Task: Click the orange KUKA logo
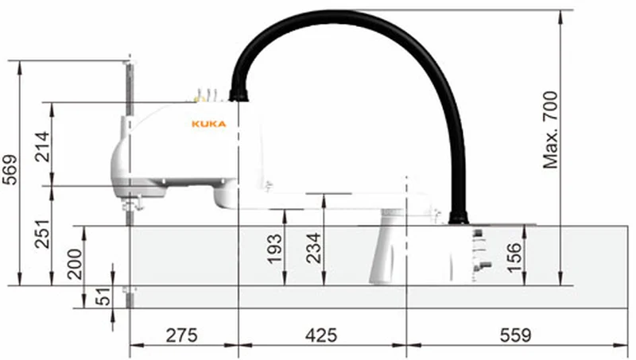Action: click(x=208, y=124)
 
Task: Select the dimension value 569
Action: click(x=10, y=170)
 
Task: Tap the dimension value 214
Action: click(x=42, y=147)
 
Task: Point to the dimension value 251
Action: click(x=42, y=234)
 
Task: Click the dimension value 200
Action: click(x=75, y=264)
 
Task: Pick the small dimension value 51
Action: click(x=104, y=296)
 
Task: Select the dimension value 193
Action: click(x=274, y=249)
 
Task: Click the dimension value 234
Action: click(x=313, y=248)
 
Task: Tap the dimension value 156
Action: click(x=514, y=257)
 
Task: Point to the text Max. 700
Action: click(x=551, y=130)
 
